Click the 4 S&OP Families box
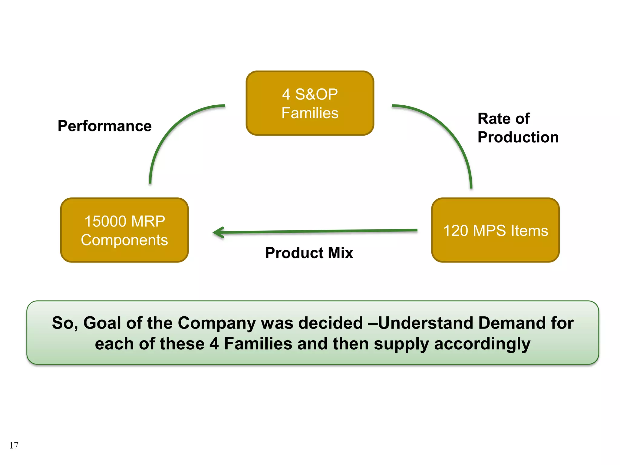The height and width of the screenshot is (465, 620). pyautogui.click(x=310, y=103)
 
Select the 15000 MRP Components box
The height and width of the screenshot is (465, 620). pyautogui.click(x=124, y=230)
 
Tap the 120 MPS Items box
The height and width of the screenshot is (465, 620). pyautogui.click(x=495, y=230)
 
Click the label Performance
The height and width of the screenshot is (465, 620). pyautogui.click(x=104, y=126)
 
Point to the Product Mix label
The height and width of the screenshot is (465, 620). pyautogui.click(x=309, y=253)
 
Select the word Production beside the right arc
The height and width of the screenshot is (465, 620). pyautogui.click(x=518, y=137)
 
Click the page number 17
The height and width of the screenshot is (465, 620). pyautogui.click(x=14, y=445)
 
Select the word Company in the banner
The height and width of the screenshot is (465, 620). pyautogui.click(x=217, y=323)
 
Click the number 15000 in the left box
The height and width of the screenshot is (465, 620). pyautogui.click(x=105, y=221)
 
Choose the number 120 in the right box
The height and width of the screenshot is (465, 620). pyautogui.click(x=456, y=231)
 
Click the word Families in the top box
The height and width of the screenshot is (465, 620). pyautogui.click(x=310, y=113)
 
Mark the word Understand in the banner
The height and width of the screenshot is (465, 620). pyautogui.click(x=426, y=323)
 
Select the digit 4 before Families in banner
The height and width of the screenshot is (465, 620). pyautogui.click(x=214, y=344)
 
